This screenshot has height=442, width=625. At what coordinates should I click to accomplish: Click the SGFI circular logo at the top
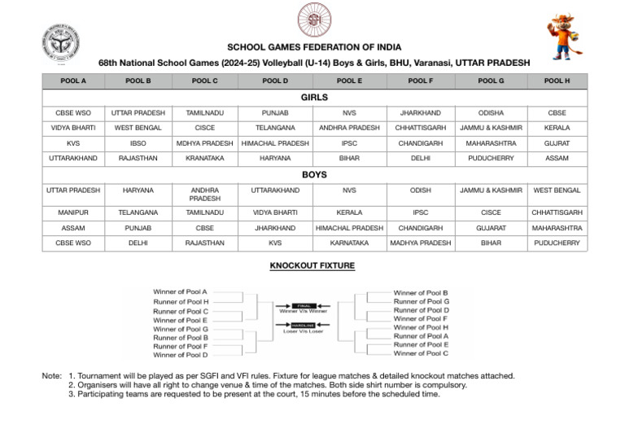click(x=313, y=20)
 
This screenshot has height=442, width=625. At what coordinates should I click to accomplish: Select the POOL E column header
click(x=349, y=81)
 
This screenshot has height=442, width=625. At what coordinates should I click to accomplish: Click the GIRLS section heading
click(x=313, y=97)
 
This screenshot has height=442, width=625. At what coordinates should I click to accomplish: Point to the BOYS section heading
click(x=313, y=174)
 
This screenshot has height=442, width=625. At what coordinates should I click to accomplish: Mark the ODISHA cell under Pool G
click(x=490, y=112)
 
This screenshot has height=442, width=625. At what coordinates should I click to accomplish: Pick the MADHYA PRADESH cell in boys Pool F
click(x=420, y=243)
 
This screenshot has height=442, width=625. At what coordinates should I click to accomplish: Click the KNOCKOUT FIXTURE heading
click(x=313, y=265)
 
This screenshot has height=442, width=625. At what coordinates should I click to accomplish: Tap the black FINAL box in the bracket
click(x=304, y=304)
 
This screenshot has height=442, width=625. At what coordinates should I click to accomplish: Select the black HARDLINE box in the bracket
click(x=304, y=324)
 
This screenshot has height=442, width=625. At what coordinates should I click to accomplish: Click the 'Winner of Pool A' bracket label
click(x=180, y=291)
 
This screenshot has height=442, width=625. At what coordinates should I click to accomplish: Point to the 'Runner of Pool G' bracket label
click(x=421, y=301)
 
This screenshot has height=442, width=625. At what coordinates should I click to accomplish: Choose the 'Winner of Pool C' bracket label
click(x=421, y=353)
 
